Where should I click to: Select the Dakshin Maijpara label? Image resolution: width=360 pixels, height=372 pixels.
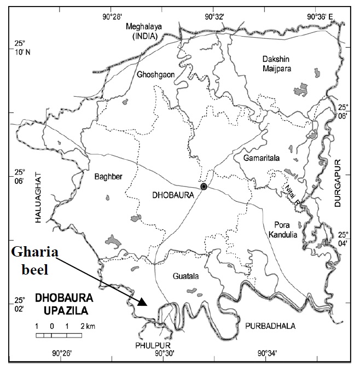(x=274, y=64)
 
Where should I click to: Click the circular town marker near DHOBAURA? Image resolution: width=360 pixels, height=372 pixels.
(x=204, y=187)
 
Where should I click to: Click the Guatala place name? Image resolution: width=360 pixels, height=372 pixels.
(x=184, y=277)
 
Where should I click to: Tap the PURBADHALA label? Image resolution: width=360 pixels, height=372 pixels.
(x=268, y=326)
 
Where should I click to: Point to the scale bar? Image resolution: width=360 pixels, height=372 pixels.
(x=59, y=334)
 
